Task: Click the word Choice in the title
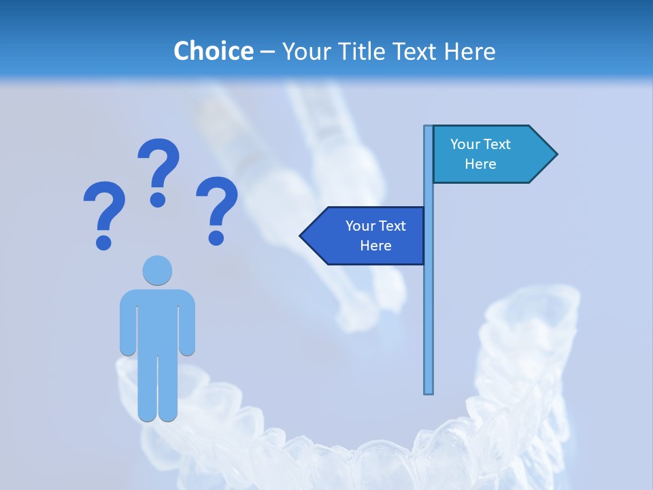213,51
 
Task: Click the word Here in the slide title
469,51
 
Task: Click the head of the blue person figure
157,270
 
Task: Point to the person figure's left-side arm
127,323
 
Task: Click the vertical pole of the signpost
429,306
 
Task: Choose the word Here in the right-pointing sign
480,164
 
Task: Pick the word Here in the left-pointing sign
375,246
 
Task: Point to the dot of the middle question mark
158,199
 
